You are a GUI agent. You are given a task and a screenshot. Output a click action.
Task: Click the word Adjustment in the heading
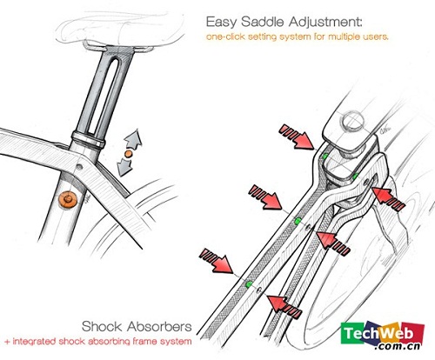(x=325, y=22)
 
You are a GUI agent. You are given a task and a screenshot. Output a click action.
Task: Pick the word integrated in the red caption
(x=35, y=342)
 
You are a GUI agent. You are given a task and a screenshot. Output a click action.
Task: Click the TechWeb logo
(x=383, y=336)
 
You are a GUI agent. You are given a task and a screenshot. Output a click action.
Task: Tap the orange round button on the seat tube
(x=68, y=199)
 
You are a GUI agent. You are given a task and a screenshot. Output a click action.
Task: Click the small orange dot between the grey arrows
(x=128, y=154)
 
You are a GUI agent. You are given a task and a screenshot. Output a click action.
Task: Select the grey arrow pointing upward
(x=134, y=138)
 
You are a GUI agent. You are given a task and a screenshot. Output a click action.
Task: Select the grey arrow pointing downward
(x=124, y=167)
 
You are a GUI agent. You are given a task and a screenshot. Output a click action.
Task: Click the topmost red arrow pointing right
(x=297, y=137)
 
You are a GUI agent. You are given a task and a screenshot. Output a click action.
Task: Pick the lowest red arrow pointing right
(x=217, y=261)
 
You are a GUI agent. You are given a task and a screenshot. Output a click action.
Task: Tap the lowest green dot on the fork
(x=249, y=284)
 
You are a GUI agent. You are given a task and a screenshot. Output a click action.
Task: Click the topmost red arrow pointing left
(x=389, y=198)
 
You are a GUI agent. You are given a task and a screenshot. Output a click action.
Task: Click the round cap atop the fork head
(x=352, y=122)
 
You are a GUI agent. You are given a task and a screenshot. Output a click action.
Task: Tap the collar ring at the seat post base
(x=89, y=139)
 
